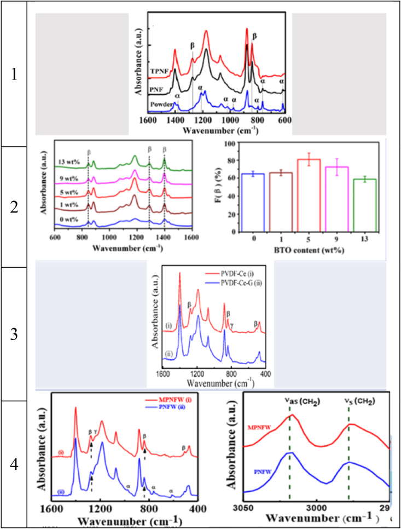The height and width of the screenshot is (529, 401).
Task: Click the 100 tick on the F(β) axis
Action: click(222, 143)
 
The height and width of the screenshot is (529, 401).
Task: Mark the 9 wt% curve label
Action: click(69, 178)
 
